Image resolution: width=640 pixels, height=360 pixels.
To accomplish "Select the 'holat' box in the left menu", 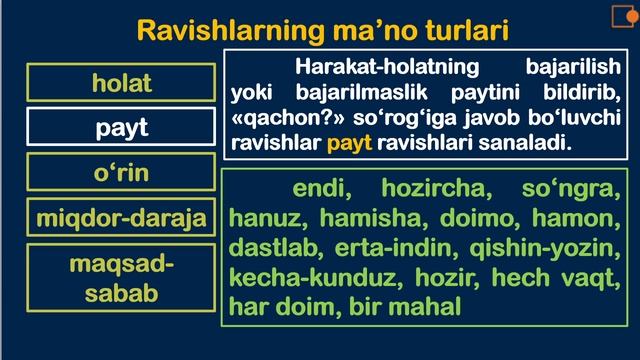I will click(x=122, y=82).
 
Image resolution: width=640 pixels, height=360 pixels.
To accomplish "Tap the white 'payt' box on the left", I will click(x=122, y=127).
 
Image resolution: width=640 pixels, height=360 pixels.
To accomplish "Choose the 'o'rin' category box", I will click(x=122, y=172).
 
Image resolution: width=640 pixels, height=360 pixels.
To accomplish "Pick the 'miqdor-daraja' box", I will click(x=122, y=217).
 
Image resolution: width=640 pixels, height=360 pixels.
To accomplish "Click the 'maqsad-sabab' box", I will click(x=122, y=279).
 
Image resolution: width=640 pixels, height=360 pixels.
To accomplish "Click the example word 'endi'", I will click(x=320, y=189).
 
